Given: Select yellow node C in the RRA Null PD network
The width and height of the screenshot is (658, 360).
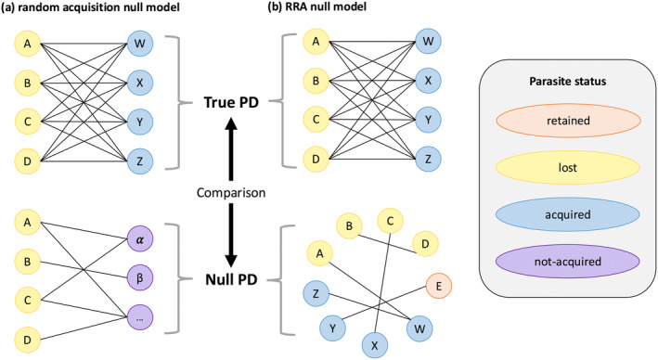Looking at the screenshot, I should point(391,221).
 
